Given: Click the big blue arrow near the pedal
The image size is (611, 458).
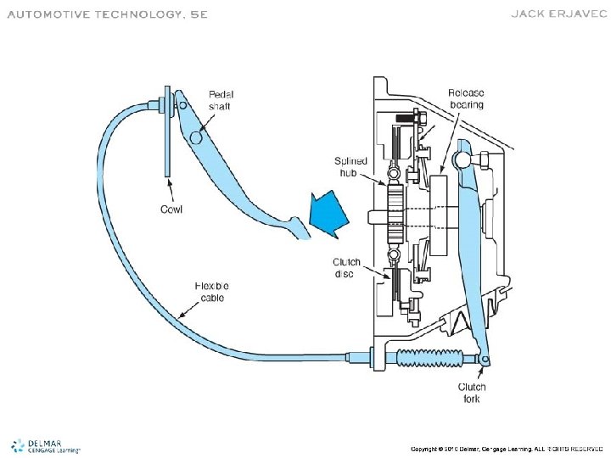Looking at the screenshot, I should (x=328, y=214).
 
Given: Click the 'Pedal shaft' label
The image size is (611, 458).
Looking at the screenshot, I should (x=222, y=100).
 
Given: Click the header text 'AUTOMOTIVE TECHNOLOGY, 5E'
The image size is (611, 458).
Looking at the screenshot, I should (x=106, y=14).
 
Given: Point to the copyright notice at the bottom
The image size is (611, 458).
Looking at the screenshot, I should (x=506, y=447).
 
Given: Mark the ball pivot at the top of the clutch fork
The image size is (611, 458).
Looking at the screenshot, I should (x=462, y=156).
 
